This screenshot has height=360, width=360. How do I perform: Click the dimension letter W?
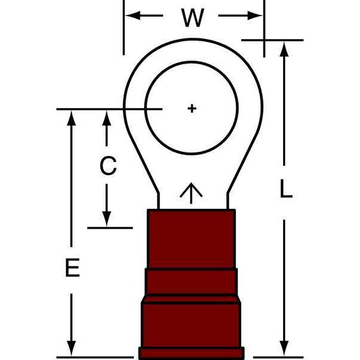pyautogui.click(x=193, y=18)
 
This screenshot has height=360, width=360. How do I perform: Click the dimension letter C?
pyautogui.click(x=107, y=166)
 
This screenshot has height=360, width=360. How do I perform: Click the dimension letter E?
pyautogui.click(x=73, y=268)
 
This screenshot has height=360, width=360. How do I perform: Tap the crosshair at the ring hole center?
pyautogui.click(x=192, y=109)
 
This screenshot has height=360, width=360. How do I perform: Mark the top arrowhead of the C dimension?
pyautogui.click(x=107, y=118)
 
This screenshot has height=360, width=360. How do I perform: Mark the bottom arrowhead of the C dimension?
pyautogui.click(x=107, y=219)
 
